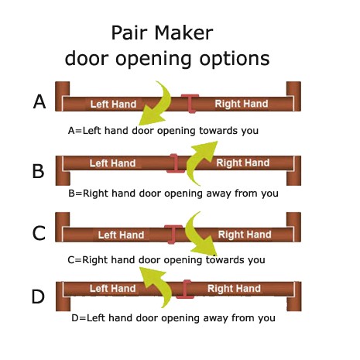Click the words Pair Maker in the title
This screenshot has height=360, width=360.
pos(162,33)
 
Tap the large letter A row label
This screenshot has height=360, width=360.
pos(39,101)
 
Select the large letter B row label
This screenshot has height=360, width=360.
pos(38,171)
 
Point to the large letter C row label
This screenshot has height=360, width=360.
pos(39,233)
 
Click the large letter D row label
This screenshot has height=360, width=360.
pos(38,297)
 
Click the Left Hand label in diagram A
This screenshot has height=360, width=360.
pos(113,105)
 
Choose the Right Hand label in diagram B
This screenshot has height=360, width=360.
pos(243,163)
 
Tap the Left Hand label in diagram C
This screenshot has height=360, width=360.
pos(121,235)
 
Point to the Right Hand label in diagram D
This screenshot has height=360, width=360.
pos(234,289)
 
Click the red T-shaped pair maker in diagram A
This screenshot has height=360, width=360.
pos(190,103)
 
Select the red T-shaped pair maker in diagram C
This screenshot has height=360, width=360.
pos(173,234)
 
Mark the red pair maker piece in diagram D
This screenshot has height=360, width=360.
pos(185,290)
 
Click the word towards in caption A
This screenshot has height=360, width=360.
pos(219,131)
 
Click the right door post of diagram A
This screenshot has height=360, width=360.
pos(294,96)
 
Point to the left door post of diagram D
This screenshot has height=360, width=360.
pos(63,297)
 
